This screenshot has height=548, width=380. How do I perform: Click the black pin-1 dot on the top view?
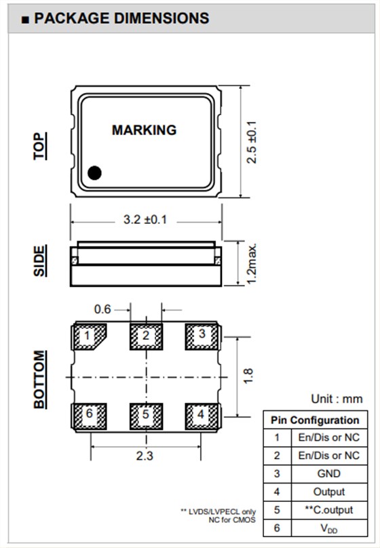pos(94,173)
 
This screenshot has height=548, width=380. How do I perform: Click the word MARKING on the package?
pos(144,130)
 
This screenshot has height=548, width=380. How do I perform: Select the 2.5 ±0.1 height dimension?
pos(251,142)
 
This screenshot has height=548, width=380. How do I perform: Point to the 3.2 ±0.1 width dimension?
pos(145,220)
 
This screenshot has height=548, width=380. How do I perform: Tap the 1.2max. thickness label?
pos(251,264)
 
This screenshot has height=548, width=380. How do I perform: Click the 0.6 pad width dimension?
pos(102,309)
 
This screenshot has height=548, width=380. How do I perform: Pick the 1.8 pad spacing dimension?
pos(248,376)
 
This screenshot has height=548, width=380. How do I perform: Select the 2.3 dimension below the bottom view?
pos(145,456)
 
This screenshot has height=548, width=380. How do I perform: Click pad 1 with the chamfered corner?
pos(89,336)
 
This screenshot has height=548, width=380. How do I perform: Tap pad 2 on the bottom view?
pos(146,336)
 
